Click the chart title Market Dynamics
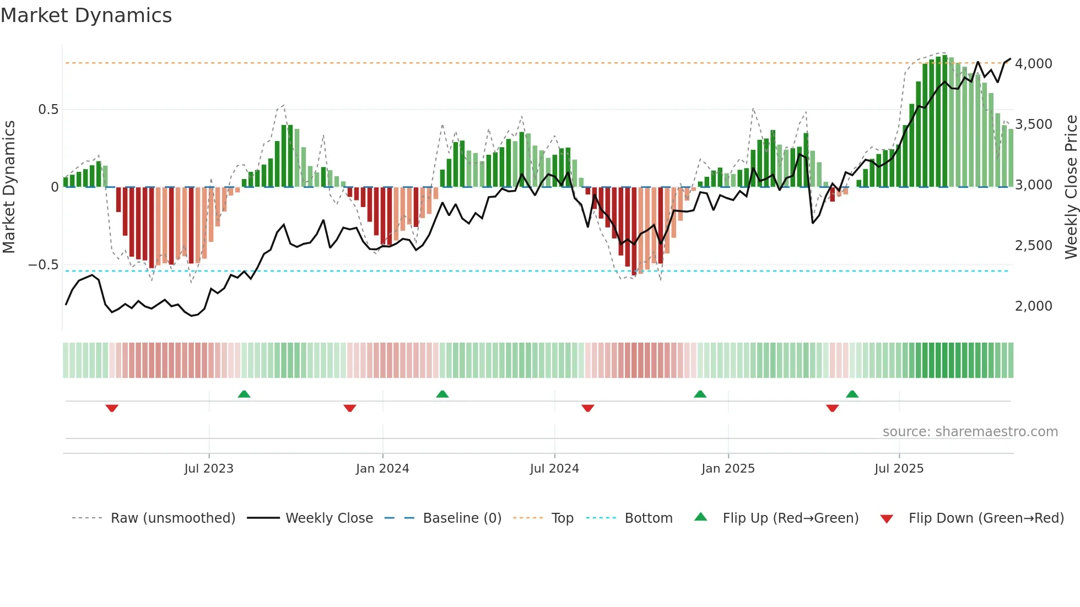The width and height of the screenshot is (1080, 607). click(x=86, y=15)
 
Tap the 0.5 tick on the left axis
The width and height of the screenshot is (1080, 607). click(x=48, y=110)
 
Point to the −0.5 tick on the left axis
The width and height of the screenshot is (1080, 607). click(x=43, y=265)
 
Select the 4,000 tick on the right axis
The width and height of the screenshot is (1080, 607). click(x=1033, y=64)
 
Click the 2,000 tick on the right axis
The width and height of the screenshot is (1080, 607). click(x=1033, y=306)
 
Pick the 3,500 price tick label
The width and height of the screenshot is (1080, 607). click(x=1033, y=124)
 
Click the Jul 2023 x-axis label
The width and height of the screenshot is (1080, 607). click(x=209, y=469)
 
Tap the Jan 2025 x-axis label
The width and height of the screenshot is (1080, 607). click(x=728, y=469)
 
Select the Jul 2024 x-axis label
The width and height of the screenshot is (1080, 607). click(x=554, y=469)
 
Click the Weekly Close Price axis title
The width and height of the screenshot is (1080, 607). click(x=1071, y=187)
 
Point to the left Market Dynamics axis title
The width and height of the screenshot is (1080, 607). click(x=9, y=187)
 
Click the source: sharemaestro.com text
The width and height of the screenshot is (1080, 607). click(x=970, y=432)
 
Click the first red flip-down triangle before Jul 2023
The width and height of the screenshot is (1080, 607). click(x=112, y=408)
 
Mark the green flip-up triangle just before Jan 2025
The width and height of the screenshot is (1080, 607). click(x=700, y=394)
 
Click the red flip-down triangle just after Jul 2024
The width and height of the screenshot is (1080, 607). click(x=587, y=408)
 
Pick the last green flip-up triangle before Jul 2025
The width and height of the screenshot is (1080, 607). click(x=852, y=394)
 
